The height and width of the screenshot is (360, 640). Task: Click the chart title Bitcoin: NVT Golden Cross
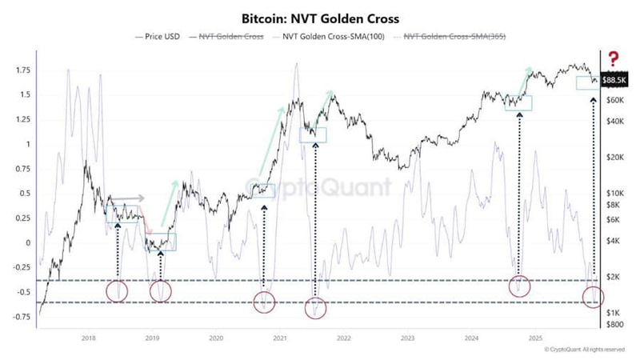(x=320, y=16)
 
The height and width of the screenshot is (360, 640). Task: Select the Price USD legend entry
(x=160, y=36)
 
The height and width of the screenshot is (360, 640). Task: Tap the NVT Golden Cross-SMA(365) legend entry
(x=454, y=36)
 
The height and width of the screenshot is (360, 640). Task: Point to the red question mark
(x=614, y=58)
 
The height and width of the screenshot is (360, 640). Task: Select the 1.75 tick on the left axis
(x=22, y=70)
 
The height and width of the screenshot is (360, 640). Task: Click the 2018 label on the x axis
(x=89, y=339)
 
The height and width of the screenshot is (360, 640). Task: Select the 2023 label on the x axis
(x=407, y=339)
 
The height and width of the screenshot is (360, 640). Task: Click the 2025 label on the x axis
(x=534, y=339)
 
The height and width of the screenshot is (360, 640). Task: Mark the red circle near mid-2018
(x=117, y=291)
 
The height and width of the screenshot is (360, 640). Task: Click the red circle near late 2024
(x=520, y=286)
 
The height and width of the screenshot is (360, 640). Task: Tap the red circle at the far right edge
(x=594, y=298)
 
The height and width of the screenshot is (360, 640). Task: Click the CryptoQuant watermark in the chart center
(x=320, y=187)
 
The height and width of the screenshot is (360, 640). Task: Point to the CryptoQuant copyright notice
(x=584, y=350)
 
